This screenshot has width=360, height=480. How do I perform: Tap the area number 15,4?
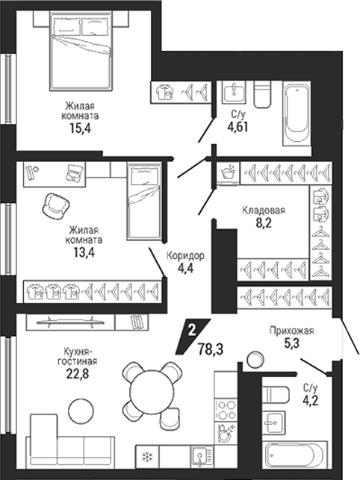[80, 128]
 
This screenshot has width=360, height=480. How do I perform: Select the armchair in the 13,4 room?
[56, 206]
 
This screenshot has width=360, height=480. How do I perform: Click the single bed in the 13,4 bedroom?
[144, 202]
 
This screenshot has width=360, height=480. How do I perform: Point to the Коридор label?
[185, 255]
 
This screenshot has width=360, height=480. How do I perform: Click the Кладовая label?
[264, 210]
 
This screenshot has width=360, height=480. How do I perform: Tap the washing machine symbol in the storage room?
[229, 173]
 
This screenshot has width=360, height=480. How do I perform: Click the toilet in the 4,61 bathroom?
[263, 94]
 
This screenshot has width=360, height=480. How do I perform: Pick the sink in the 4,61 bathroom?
[234, 91]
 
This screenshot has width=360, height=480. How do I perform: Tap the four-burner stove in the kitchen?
[226, 410]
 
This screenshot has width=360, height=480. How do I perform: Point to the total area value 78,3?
[210, 349]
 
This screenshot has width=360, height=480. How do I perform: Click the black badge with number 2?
[193, 336]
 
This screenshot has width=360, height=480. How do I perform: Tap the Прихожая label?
[292, 331]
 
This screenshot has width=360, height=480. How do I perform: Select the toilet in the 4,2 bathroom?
[276, 395]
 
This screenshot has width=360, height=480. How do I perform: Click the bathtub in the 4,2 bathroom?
[294, 456]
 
